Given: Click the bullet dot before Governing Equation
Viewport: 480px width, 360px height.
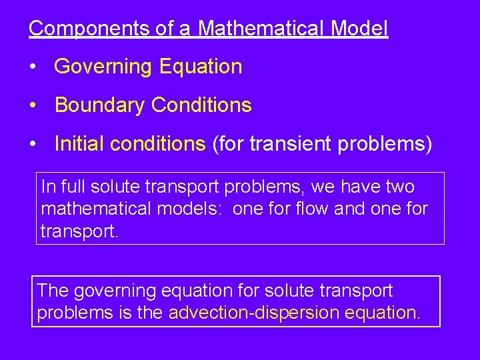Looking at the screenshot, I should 32,67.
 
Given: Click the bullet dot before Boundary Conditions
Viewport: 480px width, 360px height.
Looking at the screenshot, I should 32,105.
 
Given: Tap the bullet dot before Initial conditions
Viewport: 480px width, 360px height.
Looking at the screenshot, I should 32,144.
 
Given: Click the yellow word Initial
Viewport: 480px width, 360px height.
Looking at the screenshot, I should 75,143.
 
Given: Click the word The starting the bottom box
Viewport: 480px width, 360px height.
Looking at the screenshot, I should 53,291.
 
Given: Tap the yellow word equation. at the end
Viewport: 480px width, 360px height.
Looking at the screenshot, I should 385,313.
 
